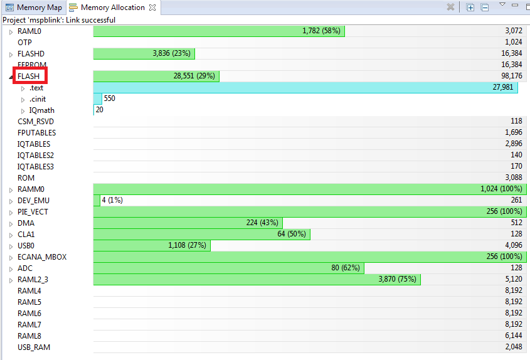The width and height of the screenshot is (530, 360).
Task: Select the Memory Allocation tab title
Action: tap(112, 8)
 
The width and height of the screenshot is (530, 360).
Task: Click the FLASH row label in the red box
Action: tap(28, 77)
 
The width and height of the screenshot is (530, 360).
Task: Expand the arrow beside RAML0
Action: tap(11, 31)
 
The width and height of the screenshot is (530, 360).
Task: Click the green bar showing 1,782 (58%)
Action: tap(219, 31)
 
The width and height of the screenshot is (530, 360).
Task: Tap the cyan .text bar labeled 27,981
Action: tap(305, 88)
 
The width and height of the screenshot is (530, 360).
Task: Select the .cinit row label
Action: tap(37, 99)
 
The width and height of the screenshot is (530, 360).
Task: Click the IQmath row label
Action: tap(41, 110)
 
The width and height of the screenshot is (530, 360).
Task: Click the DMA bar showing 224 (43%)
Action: tap(188, 223)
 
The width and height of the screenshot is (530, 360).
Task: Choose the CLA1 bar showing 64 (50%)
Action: tap(201, 234)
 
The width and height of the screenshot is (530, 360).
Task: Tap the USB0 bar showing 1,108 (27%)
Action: tap(152, 245)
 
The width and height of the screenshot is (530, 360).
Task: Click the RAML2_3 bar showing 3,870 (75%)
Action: tap(257, 279)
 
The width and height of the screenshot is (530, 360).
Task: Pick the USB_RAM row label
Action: tap(34, 347)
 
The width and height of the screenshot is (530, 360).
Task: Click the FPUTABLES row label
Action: tap(36, 133)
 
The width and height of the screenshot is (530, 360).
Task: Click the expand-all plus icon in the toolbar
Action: tap(470, 7)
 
